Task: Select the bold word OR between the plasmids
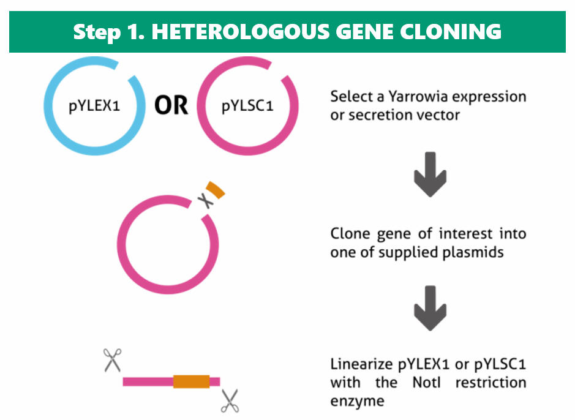coord(171,106)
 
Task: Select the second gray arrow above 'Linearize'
coord(428,310)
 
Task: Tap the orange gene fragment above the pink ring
coord(216,190)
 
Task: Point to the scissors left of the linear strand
coord(112,359)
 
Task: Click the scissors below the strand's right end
coord(230,400)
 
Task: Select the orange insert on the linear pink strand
coord(191,381)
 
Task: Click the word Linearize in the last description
coord(360,364)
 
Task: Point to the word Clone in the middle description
coord(348,233)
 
